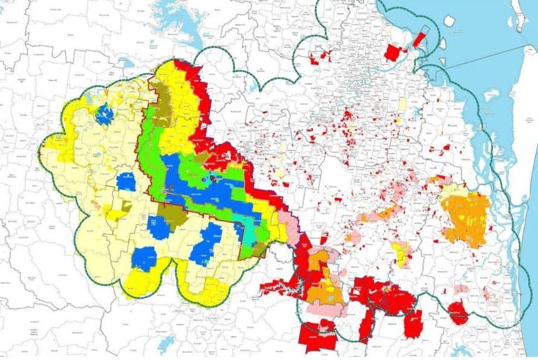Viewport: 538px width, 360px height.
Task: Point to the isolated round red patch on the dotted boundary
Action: click(457, 311)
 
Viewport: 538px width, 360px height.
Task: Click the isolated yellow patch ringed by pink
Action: click(401, 254)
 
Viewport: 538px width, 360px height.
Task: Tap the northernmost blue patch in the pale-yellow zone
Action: click(104, 114)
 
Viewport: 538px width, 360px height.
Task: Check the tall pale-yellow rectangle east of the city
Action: click(402, 105)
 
